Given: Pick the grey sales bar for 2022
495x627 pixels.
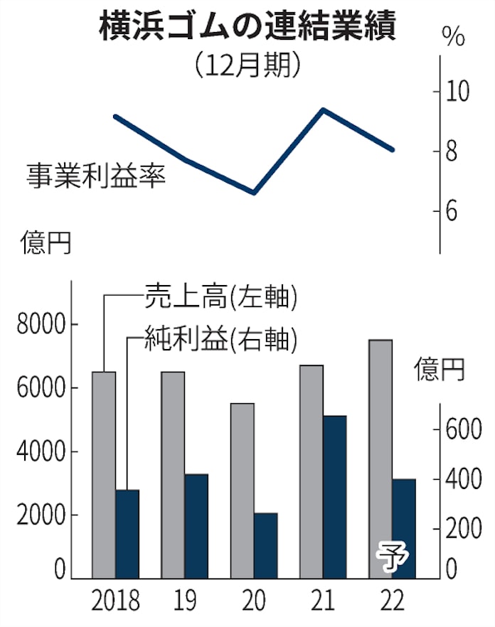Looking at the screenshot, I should (x=381, y=459).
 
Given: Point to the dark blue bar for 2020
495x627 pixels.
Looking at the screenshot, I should (x=265, y=545).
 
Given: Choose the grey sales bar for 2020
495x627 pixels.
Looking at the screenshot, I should (x=242, y=491).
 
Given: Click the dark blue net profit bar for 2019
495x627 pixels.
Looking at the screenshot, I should (x=196, y=526).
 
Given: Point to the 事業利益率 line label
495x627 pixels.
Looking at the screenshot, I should (x=96, y=173).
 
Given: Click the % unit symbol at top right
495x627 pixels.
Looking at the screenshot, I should (x=453, y=36).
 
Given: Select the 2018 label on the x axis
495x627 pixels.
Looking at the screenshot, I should (x=116, y=601).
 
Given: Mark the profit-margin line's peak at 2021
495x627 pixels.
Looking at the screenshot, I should (x=323, y=109).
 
